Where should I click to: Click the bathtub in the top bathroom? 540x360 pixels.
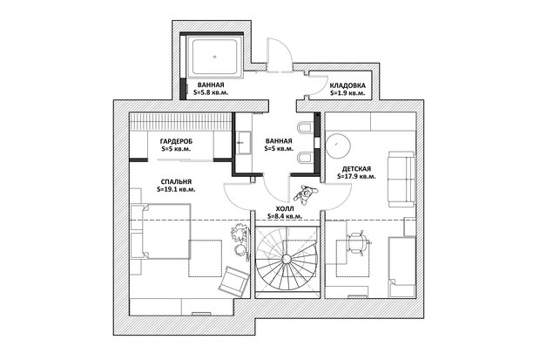(x=215, y=57)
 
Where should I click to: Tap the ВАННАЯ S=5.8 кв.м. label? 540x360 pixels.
(x=211, y=89)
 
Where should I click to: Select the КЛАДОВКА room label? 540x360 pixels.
(x=348, y=85)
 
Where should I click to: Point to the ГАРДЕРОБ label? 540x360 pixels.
(x=176, y=141)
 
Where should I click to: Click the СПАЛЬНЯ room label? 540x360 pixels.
(x=176, y=181)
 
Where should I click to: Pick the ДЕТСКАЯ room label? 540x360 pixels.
(x=356, y=169)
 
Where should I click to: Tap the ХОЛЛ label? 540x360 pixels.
(x=285, y=209)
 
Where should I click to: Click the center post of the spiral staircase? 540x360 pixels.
(x=287, y=258)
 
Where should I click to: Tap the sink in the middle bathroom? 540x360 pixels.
(x=244, y=142)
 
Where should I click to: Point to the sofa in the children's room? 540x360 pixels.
(x=402, y=179)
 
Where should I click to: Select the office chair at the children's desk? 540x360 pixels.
(x=358, y=243)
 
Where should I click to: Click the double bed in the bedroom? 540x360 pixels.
(x=161, y=231)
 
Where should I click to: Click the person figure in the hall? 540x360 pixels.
(x=305, y=194)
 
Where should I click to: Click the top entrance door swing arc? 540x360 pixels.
(x=280, y=51)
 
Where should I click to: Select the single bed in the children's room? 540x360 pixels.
(x=402, y=267)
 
